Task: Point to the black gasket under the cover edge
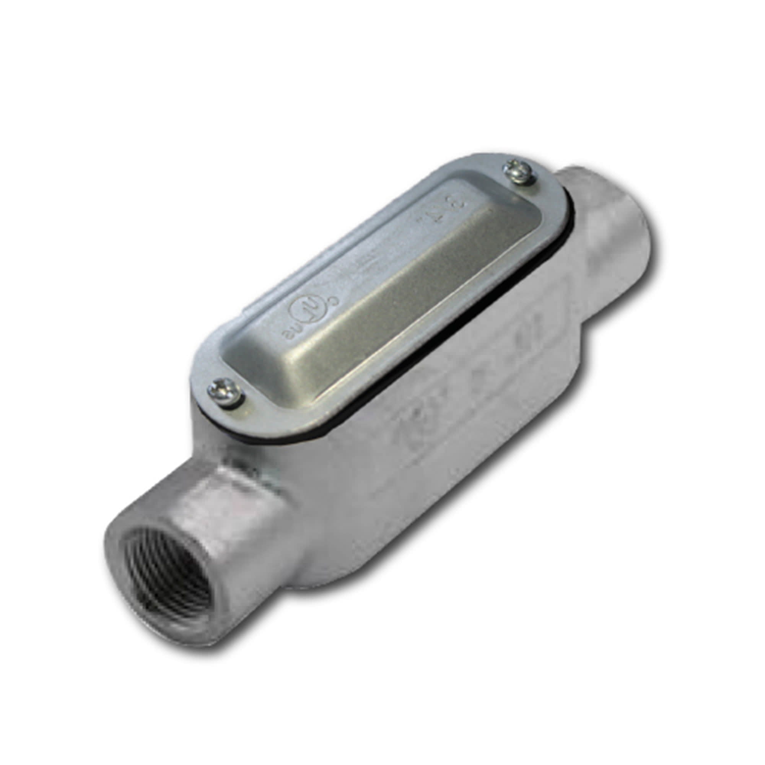pyautogui.click(x=396, y=380)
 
